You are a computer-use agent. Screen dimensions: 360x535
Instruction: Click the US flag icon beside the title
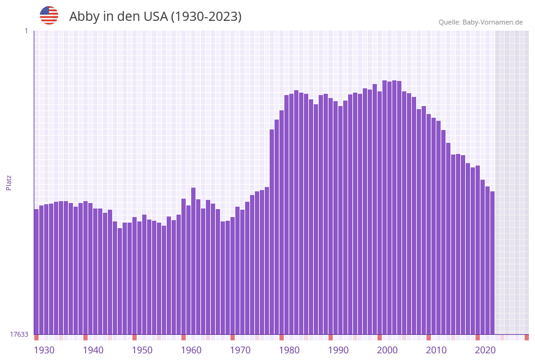coord(49,15)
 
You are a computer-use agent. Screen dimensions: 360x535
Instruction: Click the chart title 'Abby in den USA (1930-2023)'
coord(155,17)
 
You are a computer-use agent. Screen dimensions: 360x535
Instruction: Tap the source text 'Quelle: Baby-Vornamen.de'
coord(480,22)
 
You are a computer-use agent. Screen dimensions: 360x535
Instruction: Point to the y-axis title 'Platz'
coord(9,182)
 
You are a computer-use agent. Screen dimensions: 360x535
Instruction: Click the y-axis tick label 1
coord(26,31)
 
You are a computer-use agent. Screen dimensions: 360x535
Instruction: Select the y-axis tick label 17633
coord(19,334)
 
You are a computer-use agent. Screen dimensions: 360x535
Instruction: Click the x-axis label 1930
coord(44,350)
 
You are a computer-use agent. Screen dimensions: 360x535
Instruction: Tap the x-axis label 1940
coord(93,350)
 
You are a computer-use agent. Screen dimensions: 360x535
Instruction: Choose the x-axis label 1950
coord(142,350)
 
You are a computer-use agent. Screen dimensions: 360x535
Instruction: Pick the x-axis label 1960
coord(191,350)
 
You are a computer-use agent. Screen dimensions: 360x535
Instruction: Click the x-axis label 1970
coord(240,350)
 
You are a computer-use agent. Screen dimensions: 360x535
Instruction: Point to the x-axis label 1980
coord(289,350)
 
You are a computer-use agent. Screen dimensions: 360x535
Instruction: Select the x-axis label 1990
coord(338,350)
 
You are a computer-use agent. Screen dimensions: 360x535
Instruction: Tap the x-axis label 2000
coord(387,350)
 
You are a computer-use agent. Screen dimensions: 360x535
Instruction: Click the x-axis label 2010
coord(436,350)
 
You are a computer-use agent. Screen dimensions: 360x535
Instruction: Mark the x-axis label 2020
coord(485,350)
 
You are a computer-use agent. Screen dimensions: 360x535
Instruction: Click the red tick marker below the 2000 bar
coord(379,337)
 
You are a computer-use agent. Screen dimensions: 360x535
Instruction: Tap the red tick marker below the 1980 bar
coord(281,337)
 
